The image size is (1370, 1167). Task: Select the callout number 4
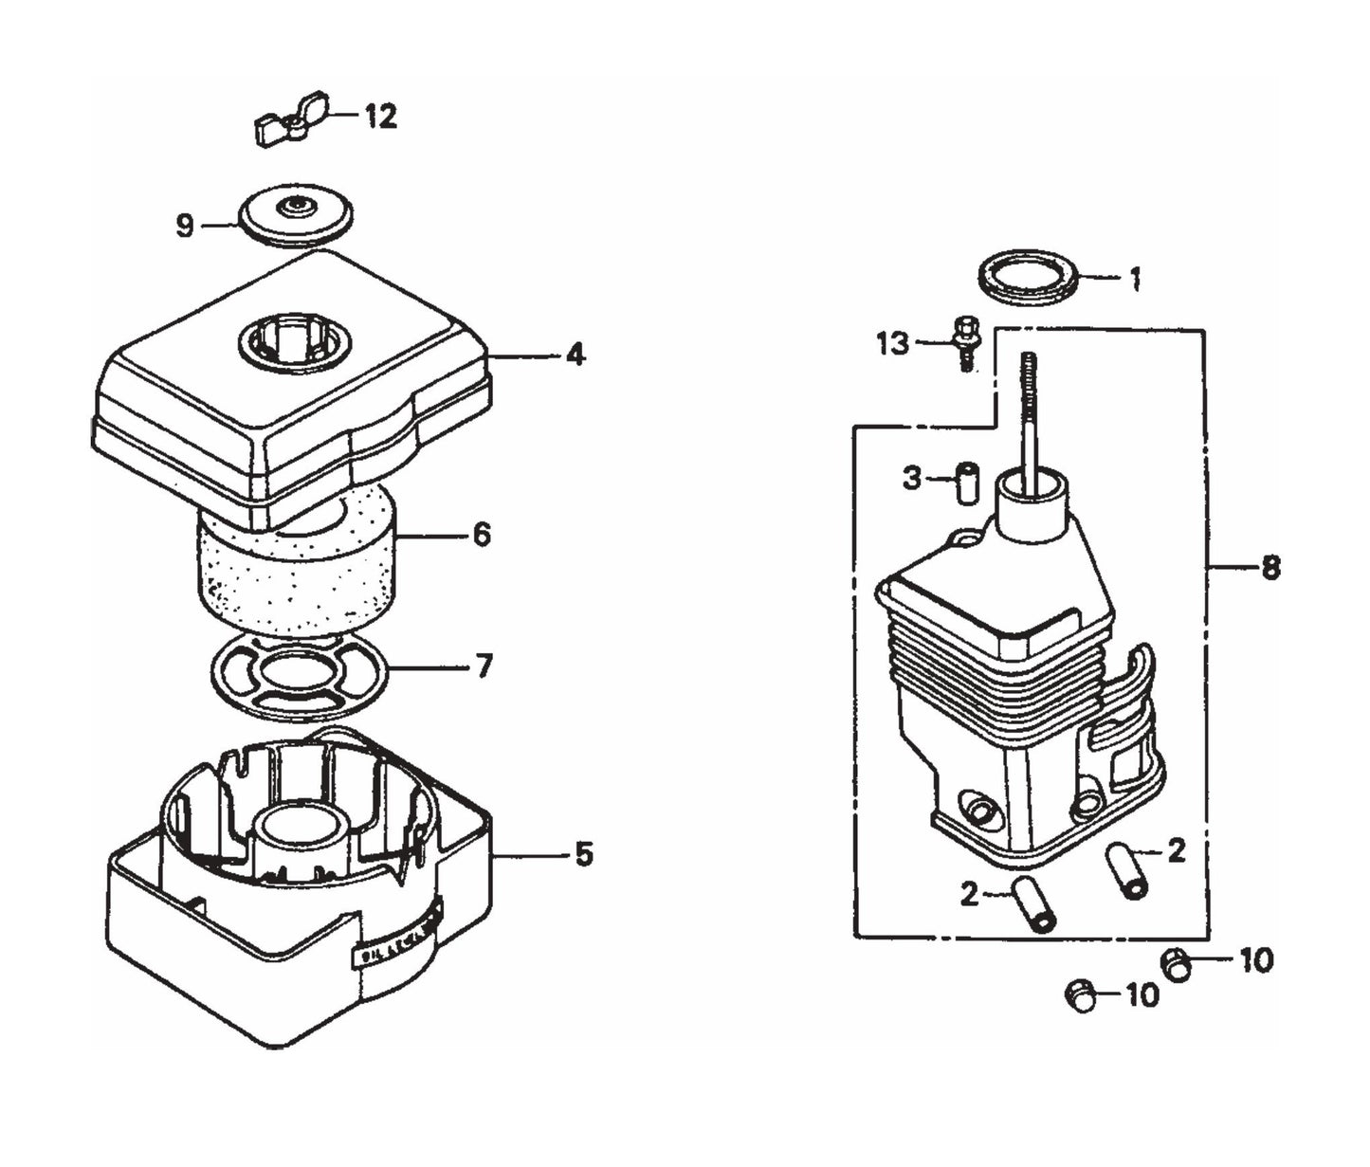coord(575,356)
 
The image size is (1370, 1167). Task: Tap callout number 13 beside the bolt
coord(892,343)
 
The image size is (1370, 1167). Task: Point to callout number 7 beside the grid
coord(484,666)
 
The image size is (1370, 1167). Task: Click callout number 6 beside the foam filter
coord(482,536)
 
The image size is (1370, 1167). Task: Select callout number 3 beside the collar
coord(911,478)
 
